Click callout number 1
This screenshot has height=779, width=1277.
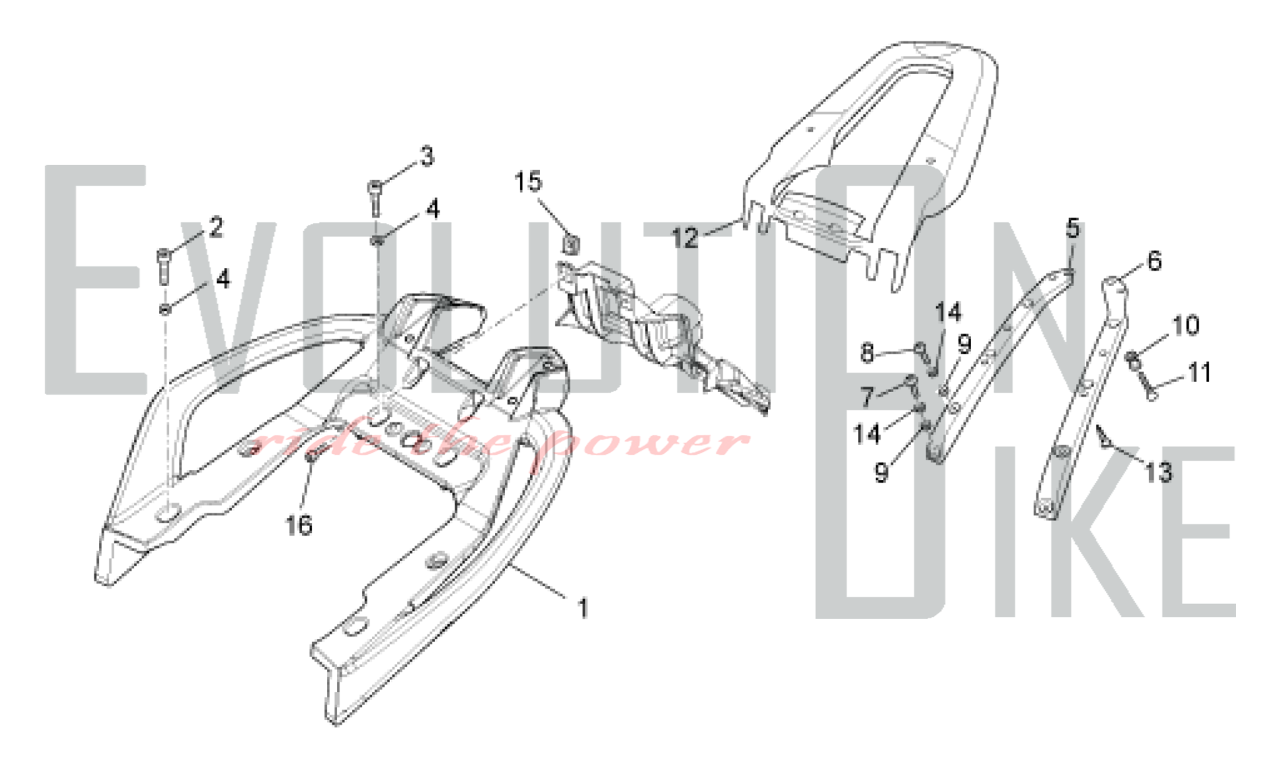click(582, 609)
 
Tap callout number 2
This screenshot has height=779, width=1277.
click(216, 227)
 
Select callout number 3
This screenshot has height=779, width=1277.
click(427, 156)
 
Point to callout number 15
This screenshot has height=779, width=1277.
click(528, 182)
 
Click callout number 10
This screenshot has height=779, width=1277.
click(1186, 326)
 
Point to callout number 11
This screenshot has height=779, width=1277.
click(1199, 372)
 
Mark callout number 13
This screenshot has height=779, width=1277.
click(1159, 473)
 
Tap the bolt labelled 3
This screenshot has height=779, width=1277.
click(375, 197)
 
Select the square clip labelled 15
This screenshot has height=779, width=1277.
click(571, 245)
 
